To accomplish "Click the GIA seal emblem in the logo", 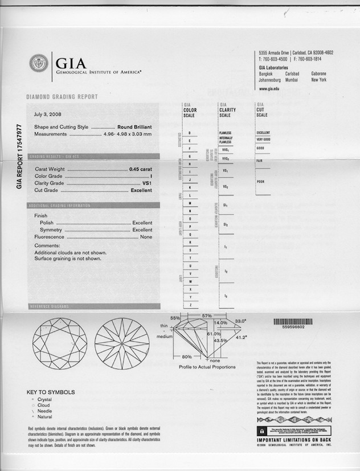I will click(39, 63).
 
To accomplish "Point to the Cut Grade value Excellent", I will click(141, 190).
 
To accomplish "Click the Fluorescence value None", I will click(146, 236).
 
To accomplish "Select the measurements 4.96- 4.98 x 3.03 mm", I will click(128, 134).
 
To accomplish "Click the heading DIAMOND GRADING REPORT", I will click(62, 97).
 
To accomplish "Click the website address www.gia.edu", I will click(269, 89).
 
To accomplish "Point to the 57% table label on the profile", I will click(207, 316).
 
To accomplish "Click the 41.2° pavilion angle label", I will click(242, 338).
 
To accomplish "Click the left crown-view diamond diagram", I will click(60, 343).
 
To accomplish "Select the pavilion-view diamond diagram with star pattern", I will click(122, 343).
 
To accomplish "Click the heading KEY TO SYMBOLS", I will click(51, 392).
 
